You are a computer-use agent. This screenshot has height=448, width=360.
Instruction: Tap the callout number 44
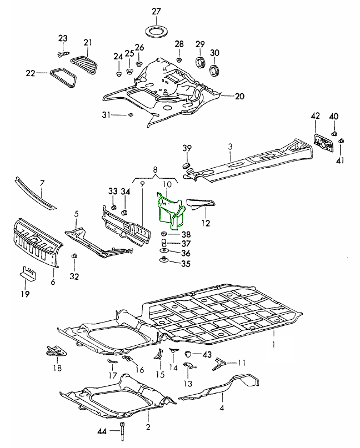102,431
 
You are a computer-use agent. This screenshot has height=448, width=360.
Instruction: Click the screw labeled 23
63,54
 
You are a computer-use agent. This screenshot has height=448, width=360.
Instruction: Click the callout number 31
106,114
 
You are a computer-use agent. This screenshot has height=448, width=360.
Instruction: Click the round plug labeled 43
188,354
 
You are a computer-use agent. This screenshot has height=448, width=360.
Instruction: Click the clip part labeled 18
56,351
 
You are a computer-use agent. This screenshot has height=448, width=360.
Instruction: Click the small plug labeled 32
74,256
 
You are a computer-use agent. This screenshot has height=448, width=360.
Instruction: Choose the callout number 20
239,96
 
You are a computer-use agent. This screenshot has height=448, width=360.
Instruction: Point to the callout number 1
273,344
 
